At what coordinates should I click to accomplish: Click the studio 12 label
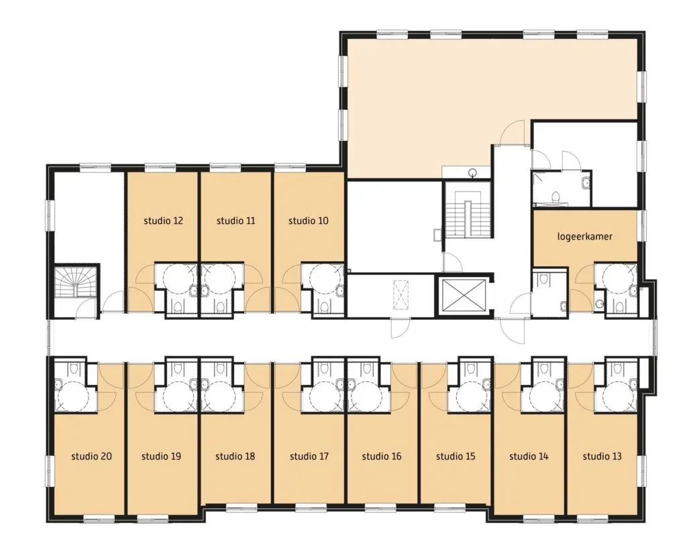click(x=163, y=221)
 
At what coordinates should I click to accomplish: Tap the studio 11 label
click(x=235, y=221)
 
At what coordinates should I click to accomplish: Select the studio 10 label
click(x=308, y=221)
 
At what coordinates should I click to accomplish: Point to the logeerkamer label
click(x=585, y=237)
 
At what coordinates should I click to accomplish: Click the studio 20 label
click(x=91, y=456)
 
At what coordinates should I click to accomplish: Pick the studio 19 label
click(x=161, y=456)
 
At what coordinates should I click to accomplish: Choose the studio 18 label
click(x=235, y=456)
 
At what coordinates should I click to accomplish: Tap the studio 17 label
click(x=309, y=456)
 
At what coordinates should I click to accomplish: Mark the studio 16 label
click(x=382, y=456)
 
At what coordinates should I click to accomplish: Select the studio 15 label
click(x=456, y=456)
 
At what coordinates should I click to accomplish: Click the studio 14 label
click(x=529, y=456)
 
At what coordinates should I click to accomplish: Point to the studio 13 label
click(x=602, y=456)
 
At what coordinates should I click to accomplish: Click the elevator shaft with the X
click(x=464, y=294)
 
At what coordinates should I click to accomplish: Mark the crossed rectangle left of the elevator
click(x=401, y=294)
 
